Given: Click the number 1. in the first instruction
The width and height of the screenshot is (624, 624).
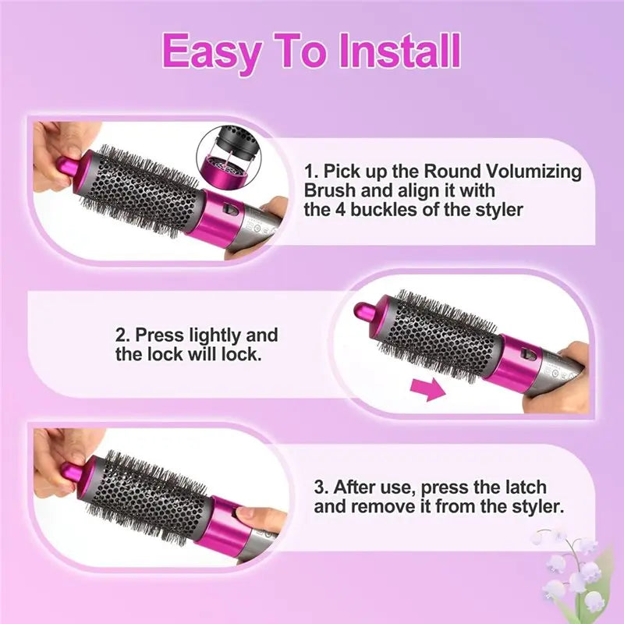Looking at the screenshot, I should (311, 171).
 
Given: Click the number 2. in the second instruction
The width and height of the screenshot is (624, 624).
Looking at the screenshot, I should (124, 335).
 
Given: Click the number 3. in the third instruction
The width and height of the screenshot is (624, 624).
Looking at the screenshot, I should (322, 487).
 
